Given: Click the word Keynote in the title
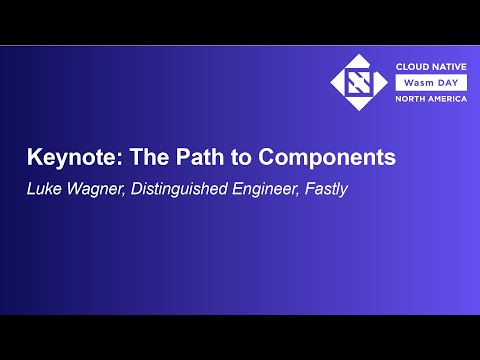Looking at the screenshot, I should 65,158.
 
